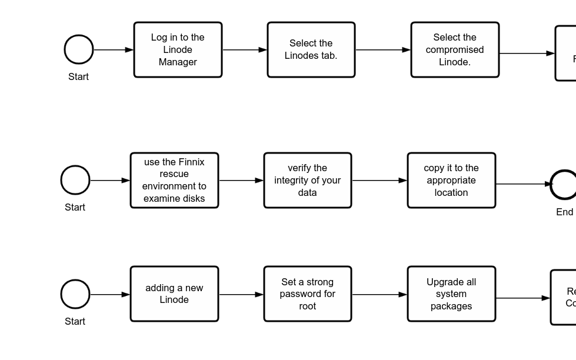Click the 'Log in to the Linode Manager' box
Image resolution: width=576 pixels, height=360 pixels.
(178, 50)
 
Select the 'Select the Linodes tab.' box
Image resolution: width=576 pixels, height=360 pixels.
(311, 50)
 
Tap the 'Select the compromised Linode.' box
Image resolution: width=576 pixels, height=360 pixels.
(455, 50)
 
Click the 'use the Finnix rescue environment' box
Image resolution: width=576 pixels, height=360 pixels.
(174, 181)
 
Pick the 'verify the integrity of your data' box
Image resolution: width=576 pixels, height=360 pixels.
(308, 181)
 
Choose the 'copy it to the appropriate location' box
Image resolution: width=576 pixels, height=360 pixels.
(451, 181)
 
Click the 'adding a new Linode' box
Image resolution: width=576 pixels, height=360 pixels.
(174, 294)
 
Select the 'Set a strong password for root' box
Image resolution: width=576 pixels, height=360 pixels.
(308, 294)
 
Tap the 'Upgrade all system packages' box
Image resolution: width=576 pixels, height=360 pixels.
(451, 294)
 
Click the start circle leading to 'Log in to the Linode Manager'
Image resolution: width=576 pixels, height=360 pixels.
(79, 49)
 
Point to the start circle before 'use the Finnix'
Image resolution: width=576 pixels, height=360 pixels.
(75, 180)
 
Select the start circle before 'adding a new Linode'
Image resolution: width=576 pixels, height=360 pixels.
(75, 294)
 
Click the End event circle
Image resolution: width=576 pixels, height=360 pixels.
(564, 185)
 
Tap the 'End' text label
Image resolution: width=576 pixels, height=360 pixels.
(564, 212)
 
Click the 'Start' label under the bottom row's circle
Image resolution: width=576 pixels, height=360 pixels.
(75, 321)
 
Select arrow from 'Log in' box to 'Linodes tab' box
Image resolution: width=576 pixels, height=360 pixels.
(245, 50)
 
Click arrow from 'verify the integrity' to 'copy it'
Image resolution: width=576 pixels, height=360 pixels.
(379, 181)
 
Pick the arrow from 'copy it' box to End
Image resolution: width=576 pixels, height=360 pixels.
(522, 184)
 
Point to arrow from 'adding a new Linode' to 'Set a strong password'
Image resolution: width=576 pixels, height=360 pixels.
(241, 294)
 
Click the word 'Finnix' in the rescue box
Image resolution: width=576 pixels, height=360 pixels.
(191, 162)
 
